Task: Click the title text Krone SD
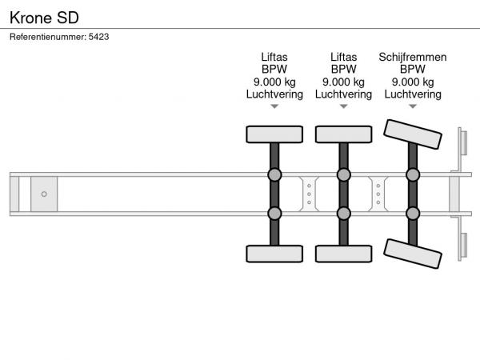point(44,18)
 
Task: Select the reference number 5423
point(98,37)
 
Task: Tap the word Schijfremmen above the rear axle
point(413,58)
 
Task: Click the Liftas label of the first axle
point(274,57)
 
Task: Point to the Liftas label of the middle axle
point(343,57)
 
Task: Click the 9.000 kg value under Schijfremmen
point(413,82)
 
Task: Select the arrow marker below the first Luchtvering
point(274,106)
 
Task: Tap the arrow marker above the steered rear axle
point(413,106)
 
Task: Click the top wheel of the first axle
point(274,134)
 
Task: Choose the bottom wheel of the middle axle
point(343,254)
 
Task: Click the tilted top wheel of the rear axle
point(413,134)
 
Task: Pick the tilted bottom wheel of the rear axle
point(413,254)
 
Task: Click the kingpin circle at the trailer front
point(44,194)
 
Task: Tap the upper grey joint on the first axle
point(274,174)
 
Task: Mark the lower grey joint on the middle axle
point(343,214)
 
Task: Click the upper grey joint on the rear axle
point(413,174)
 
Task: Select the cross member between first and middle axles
point(309,194)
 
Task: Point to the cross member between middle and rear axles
point(378,194)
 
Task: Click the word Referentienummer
point(48,37)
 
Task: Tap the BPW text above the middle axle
point(343,69)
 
